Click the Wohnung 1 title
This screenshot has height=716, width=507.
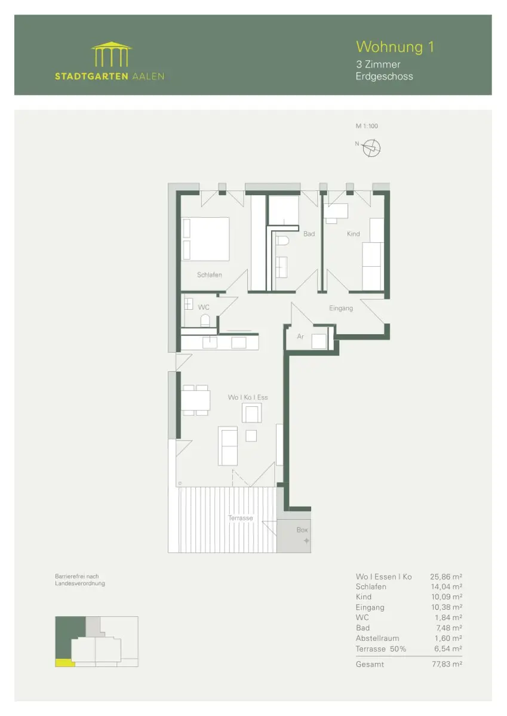(395, 47)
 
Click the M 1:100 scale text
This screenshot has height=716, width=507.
(367, 126)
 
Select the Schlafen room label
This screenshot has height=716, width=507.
(209, 274)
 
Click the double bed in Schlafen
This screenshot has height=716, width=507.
(205, 239)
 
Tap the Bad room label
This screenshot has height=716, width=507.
(309, 234)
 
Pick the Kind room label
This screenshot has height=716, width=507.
(353, 234)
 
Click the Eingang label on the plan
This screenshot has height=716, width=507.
(341, 308)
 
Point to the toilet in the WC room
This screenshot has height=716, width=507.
(205, 320)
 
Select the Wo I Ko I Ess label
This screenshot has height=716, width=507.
(248, 397)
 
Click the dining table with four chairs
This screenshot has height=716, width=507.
(196, 400)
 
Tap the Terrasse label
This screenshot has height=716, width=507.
(240, 518)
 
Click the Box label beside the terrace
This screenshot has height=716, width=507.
(302, 530)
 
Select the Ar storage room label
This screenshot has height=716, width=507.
(300, 337)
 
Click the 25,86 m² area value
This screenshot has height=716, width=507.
(446, 576)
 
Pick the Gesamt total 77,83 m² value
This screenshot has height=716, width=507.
(447, 664)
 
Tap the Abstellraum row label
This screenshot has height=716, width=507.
(377, 638)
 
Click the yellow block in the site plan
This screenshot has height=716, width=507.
(65, 663)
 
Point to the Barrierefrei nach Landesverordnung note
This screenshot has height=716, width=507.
(80, 580)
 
